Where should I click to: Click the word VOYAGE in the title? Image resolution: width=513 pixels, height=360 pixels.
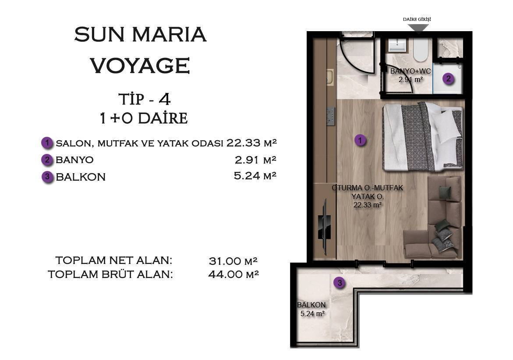coord(140,66)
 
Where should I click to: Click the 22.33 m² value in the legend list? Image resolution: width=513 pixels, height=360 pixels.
coord(252,143)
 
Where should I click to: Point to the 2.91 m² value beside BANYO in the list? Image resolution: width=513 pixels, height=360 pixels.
coord(255,160)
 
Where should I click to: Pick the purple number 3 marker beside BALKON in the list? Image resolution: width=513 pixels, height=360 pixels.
coord(47,177)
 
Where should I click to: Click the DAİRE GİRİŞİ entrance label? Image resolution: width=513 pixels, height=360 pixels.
coord(417,20)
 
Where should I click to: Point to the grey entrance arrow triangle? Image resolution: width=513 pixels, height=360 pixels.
coord(418,28)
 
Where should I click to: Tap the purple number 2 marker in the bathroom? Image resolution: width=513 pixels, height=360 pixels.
coord(448,79)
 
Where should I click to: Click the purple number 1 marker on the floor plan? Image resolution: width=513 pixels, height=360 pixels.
coord(360,141)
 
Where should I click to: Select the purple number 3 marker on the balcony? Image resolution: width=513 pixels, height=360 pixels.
coord(339,283)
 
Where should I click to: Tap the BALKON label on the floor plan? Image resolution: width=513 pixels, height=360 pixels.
coord(311,305)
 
